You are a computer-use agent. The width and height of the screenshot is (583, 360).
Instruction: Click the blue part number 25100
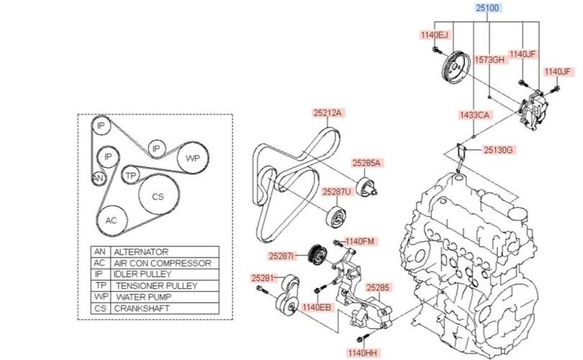(x=487, y=8)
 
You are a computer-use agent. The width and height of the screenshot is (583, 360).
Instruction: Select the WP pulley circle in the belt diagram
(x=192, y=158)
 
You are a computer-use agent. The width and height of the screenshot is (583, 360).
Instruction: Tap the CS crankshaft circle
(x=158, y=196)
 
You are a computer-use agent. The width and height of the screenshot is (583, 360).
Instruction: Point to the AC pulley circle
(x=112, y=220)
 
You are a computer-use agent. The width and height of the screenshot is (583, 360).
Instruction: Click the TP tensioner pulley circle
(x=130, y=175)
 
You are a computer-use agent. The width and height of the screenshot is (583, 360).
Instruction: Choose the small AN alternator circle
(x=98, y=179)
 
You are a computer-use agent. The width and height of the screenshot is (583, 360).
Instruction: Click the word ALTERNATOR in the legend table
(x=141, y=252)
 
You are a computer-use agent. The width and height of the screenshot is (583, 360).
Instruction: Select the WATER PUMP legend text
(x=144, y=297)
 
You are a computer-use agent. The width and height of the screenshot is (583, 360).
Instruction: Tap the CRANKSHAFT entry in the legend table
(x=142, y=308)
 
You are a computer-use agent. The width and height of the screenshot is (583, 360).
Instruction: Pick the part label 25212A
(x=327, y=113)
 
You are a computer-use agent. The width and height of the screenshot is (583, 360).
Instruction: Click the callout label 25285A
(x=366, y=163)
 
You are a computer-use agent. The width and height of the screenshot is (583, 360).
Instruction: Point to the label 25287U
(x=337, y=192)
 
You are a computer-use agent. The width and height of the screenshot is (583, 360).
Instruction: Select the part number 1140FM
(x=360, y=241)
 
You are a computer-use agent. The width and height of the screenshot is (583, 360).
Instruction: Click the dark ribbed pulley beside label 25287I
(x=318, y=255)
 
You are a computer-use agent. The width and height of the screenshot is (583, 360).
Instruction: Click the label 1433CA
(x=474, y=115)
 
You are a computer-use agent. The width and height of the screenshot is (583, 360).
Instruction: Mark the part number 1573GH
(x=489, y=60)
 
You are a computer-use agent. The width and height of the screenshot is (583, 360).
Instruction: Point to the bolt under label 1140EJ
(x=436, y=50)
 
